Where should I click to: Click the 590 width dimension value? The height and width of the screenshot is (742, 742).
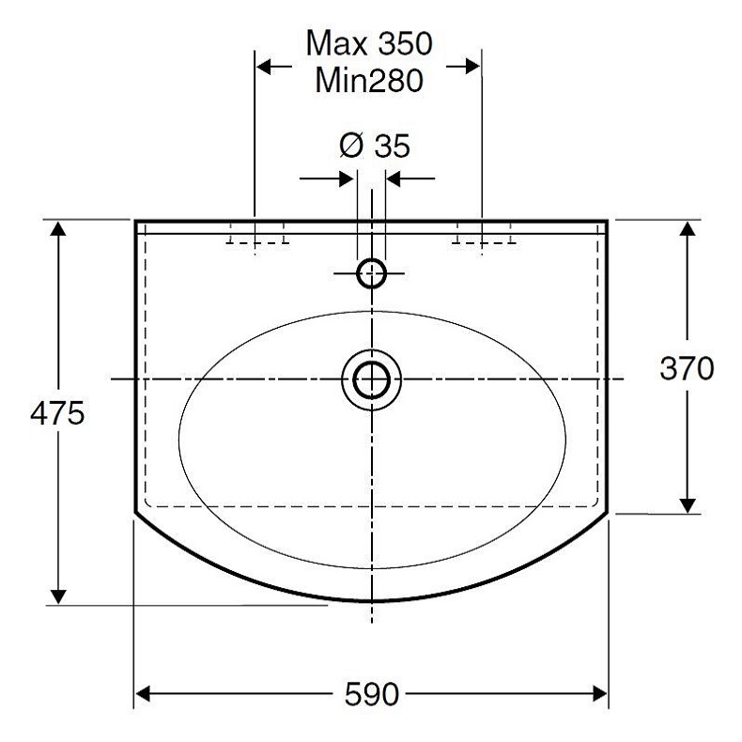pos(372,694)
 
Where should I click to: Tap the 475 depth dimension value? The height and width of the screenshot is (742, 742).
pos(57,413)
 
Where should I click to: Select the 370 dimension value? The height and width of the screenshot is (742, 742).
pos(687,368)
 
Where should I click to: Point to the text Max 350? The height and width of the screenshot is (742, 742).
pos(369,43)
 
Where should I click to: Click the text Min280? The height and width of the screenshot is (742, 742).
pos(369,80)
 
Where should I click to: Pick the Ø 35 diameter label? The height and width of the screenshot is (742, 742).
pos(375,146)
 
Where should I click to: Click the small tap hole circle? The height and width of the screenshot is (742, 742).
pos(372,273)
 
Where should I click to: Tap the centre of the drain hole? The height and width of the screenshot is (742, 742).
pos(372,380)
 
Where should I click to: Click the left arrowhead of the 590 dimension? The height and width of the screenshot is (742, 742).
pos(143,694)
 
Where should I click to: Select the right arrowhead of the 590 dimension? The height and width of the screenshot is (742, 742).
pos(599,694)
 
